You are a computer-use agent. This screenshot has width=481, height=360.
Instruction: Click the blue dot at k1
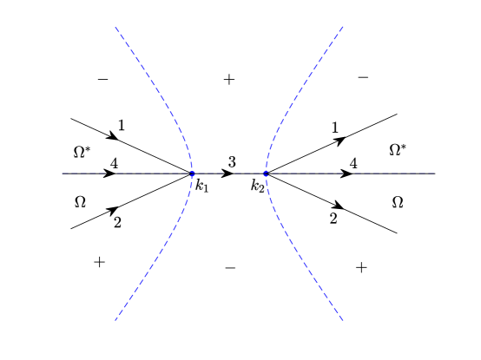[x=192, y=173]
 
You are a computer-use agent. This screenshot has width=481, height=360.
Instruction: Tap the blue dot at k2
[x=266, y=173]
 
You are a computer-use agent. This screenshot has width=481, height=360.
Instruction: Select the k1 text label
[x=202, y=187]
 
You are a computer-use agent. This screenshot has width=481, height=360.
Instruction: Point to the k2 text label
[x=256, y=186]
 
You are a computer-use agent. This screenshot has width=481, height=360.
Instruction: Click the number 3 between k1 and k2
[x=232, y=162]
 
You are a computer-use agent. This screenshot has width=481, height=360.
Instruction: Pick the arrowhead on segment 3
[x=227, y=173]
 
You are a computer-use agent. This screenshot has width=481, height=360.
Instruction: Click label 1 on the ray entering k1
[x=122, y=124]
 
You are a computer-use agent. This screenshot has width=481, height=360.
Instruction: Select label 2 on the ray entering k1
[x=117, y=221]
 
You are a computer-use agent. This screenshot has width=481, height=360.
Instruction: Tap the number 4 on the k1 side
[x=115, y=162]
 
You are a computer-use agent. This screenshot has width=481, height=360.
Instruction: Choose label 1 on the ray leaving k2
[x=335, y=128]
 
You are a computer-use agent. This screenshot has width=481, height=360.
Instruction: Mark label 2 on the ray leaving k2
[x=333, y=218]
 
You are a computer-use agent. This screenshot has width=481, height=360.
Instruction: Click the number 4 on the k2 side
[x=353, y=162]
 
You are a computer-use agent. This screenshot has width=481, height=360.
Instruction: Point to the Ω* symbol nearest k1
[x=81, y=152]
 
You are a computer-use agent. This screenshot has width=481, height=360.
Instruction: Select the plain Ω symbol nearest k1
[x=80, y=202]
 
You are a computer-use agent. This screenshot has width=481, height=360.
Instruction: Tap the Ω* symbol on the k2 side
[x=397, y=149]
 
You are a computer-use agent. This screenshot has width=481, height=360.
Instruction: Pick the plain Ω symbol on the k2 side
[x=398, y=202]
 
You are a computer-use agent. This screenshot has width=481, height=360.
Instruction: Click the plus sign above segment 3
[x=229, y=80]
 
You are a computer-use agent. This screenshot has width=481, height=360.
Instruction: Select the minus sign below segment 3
[x=230, y=268]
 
